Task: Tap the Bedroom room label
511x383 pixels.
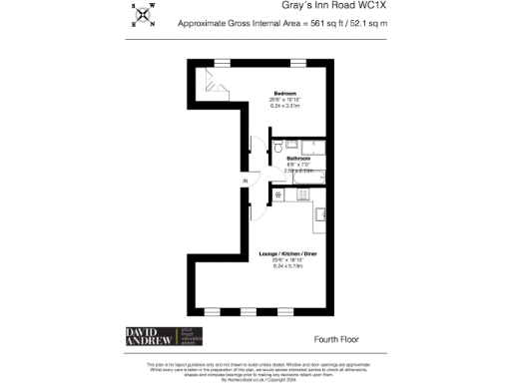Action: [x=259, y=94]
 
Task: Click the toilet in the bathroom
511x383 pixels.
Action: [x=276, y=148]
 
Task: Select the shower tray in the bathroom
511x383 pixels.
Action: [x=315, y=148]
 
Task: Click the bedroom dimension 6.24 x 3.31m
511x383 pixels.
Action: [x=259, y=106]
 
